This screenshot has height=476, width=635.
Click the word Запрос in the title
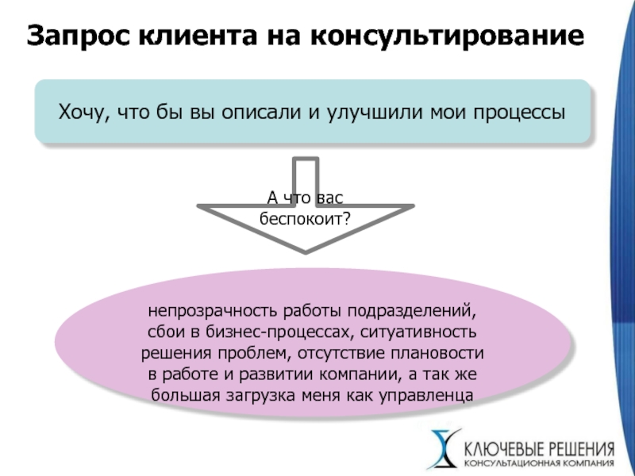79,36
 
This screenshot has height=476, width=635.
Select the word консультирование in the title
447,36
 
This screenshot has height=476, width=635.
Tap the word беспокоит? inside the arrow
305,219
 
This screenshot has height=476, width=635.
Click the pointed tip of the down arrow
306,254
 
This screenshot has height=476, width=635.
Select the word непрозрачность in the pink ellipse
213,311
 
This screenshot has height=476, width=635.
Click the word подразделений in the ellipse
412,311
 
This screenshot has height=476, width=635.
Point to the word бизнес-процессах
280,332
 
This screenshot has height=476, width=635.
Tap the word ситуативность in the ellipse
418,332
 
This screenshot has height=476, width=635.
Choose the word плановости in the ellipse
437,353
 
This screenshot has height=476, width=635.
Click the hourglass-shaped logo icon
445,449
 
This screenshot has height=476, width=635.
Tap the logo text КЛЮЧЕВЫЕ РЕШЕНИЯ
539,450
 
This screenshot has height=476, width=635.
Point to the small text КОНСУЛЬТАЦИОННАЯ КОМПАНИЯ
539,463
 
